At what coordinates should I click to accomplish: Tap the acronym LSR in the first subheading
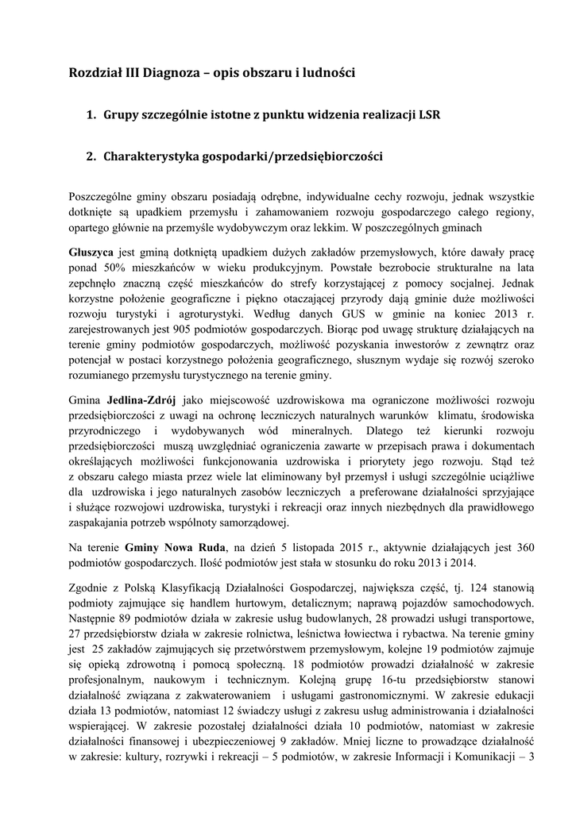click(427, 115)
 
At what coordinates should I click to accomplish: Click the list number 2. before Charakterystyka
click(91, 157)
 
